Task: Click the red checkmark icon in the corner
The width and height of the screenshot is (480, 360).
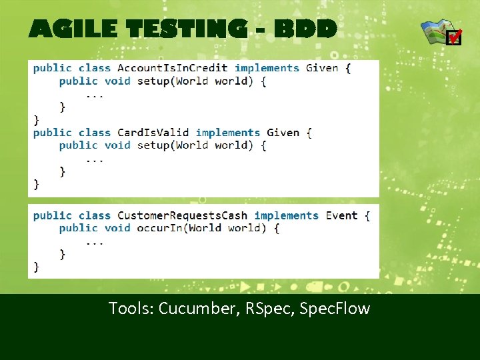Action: (453, 37)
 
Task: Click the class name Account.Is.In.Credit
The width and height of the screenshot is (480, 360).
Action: (172, 68)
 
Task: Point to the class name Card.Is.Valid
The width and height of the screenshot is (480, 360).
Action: (153, 133)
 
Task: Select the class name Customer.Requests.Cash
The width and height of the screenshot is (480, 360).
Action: (182, 216)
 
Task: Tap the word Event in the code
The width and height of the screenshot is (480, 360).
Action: (341, 216)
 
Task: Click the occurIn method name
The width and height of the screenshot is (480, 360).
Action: (160, 228)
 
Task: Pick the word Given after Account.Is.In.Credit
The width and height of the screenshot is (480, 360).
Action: (322, 68)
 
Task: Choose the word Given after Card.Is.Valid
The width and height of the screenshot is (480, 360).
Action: (283, 133)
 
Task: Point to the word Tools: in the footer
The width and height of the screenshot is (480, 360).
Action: (131, 309)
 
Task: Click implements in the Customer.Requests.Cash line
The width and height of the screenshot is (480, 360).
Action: (286, 216)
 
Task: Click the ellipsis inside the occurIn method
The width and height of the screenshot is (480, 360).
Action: (95, 241)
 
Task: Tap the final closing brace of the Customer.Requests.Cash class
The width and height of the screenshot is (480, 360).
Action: (37, 267)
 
